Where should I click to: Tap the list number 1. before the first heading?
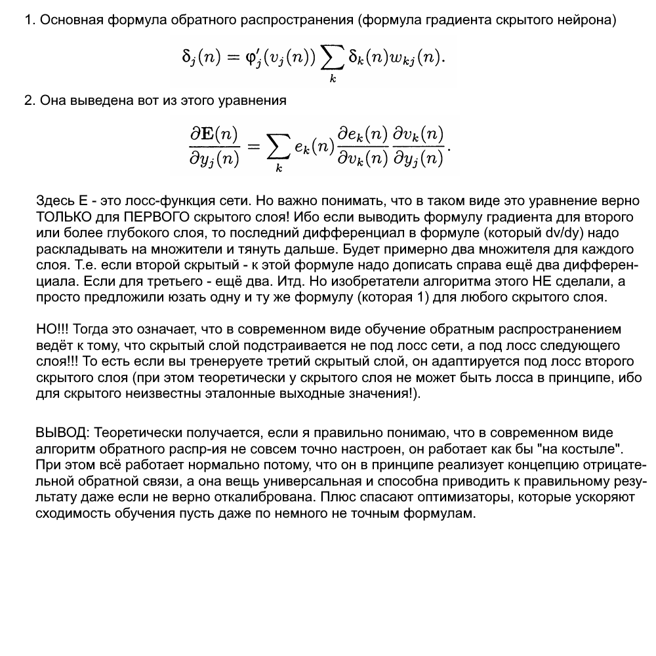(29, 20)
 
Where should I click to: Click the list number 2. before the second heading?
(29, 101)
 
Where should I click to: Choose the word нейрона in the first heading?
(593, 20)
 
